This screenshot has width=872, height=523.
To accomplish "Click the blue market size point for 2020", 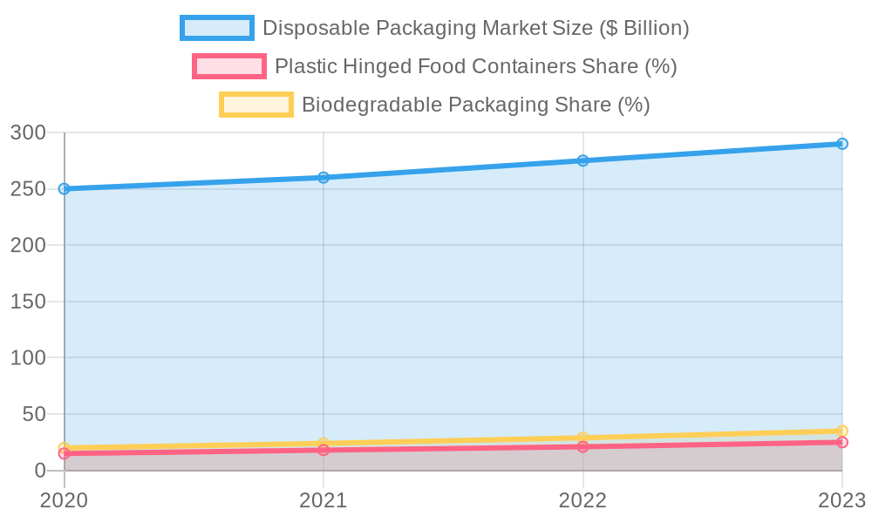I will [65, 188].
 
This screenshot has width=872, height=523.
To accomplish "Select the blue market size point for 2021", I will [324, 178].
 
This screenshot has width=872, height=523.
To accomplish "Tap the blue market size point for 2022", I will [582, 160].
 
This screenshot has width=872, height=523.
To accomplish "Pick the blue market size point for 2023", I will [841, 144].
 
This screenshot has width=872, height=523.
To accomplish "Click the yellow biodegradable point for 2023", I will [841, 431].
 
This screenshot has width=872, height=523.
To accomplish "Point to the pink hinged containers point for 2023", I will [841, 443].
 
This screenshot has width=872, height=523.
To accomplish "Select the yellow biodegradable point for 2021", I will [324, 444].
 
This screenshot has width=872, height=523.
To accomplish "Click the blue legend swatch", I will [216, 28].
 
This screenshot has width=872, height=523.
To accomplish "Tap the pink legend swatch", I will [228, 66].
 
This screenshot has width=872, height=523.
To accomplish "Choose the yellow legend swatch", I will [255, 105].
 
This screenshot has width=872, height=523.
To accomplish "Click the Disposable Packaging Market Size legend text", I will [475, 28].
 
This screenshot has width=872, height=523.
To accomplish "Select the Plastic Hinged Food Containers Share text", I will [475, 66].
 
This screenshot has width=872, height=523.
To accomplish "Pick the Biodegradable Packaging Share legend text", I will [475, 105].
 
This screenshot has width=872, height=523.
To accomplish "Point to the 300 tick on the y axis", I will [27, 132].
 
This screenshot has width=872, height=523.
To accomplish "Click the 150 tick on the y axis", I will [27, 302].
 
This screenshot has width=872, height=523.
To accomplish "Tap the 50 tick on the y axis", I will [33, 414].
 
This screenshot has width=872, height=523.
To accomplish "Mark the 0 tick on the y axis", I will [39, 471].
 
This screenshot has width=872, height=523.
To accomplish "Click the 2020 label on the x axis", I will [65, 500].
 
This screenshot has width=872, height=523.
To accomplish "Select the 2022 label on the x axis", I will [582, 500].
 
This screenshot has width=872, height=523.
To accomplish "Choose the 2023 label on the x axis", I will [840, 500].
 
